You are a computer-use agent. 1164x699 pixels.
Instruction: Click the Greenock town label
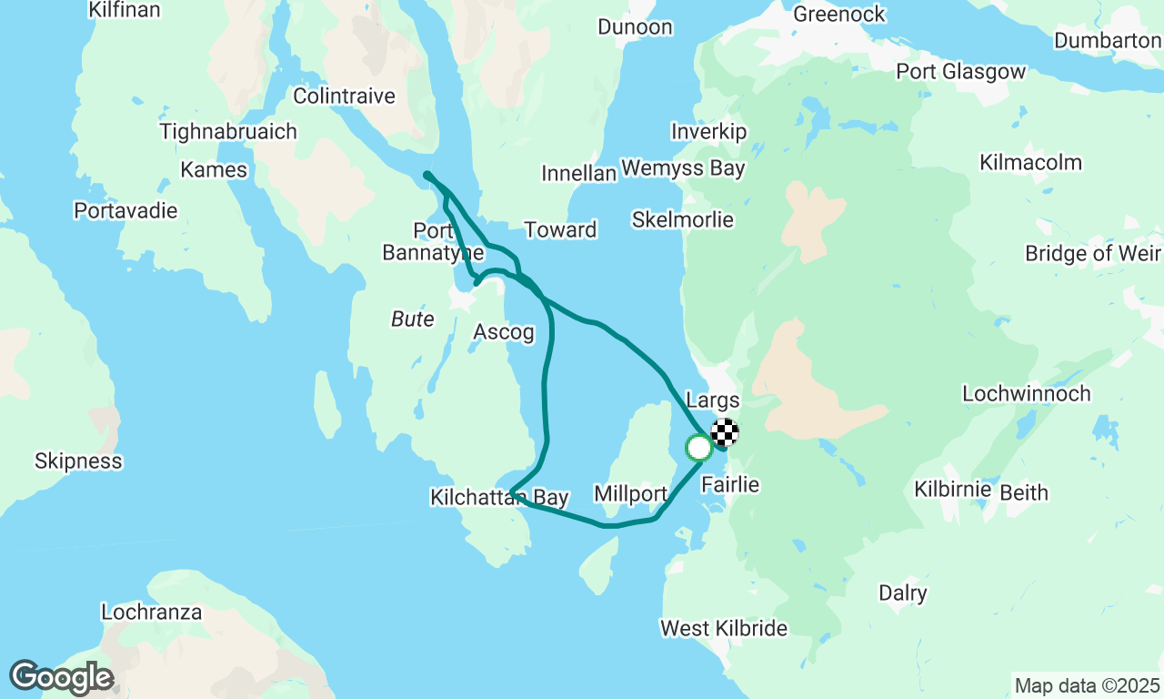pos(839,15)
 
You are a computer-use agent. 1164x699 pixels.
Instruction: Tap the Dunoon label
pos(635,27)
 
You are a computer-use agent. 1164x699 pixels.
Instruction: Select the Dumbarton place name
pos(1108,41)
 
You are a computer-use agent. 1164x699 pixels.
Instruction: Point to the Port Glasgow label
pos(960,72)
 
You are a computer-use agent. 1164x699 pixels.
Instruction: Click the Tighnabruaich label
pos(228,132)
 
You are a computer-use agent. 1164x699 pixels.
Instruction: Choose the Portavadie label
pos(125,210)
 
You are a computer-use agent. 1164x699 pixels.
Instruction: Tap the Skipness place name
pos(78,461)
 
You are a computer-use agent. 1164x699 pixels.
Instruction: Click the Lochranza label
pos(152,612)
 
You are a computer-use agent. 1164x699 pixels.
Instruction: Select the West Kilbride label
pos(724,628)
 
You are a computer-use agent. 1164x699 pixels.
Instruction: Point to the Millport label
pos(631,494)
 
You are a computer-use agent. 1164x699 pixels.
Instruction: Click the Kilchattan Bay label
pos(499,498)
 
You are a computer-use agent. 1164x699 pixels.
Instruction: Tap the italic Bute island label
pos(413,319)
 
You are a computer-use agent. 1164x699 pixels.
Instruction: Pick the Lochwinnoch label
pos(1027,394)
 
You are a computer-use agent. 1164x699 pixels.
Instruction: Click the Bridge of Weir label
pos(1093,253)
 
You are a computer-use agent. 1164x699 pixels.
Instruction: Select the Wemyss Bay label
pos(683,168)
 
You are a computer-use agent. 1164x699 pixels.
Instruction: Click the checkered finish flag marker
pos(725,431)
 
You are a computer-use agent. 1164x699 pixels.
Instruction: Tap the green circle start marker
pos(698,448)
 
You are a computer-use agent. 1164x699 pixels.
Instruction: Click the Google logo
pos(61,677)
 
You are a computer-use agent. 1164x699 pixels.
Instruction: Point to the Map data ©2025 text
pos(1087,685)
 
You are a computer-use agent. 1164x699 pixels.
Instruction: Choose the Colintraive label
pos(344,96)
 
